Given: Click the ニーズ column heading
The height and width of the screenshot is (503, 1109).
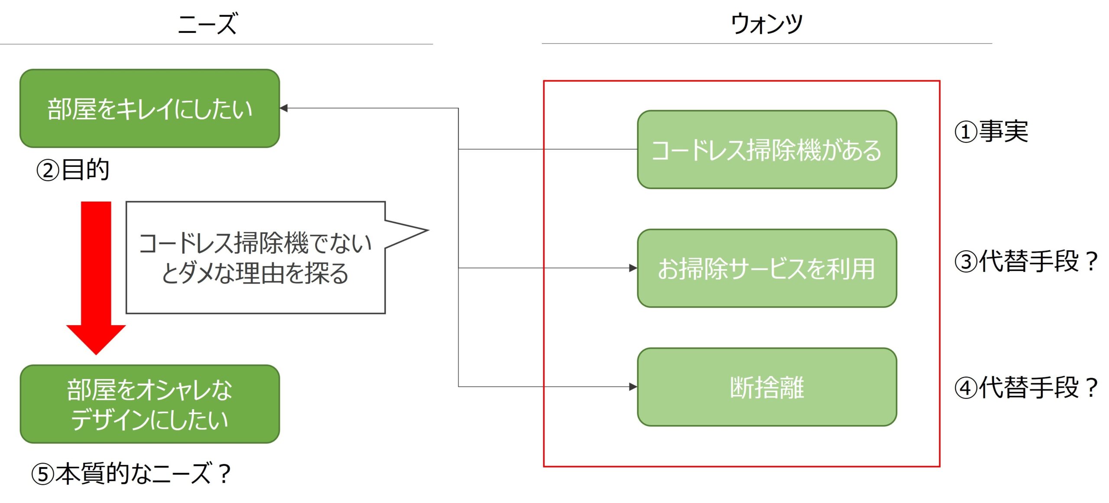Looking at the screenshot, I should tap(208, 23).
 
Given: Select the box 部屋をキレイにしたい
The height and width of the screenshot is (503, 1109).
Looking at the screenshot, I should tap(149, 108).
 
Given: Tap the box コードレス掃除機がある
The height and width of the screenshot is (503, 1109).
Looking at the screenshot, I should tap(767, 150).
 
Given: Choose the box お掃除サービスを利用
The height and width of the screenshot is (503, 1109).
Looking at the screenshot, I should tap(767, 268).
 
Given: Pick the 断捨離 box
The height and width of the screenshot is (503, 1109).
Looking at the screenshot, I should tap(767, 387).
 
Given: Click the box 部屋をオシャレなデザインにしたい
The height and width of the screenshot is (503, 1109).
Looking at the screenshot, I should tap(149, 404).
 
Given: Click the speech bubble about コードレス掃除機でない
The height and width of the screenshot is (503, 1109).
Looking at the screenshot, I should tap(255, 258).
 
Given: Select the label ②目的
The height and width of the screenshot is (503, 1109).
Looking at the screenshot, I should tap(72, 170).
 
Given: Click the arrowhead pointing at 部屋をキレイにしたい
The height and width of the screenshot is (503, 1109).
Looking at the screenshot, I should tap(284, 108).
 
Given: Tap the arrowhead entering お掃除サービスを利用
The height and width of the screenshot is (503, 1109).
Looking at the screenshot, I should tap(633, 268).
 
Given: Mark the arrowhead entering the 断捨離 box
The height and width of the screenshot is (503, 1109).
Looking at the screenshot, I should tap(633, 386).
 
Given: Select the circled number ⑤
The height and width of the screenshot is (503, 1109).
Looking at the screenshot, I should tap(42, 474).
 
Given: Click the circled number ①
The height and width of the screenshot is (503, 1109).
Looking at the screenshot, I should tap(966, 132).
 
